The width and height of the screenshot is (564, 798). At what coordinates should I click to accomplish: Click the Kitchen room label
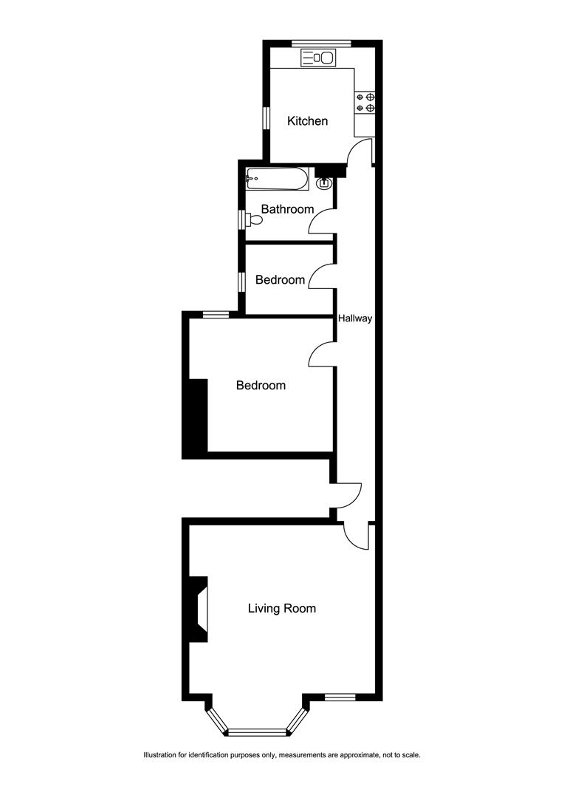307,121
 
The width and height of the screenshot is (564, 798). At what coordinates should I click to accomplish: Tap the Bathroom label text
287,209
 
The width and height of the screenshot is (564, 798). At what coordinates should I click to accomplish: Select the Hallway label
355,318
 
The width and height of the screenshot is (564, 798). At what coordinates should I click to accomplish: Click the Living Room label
282,609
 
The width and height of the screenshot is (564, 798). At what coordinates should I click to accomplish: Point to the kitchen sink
318,58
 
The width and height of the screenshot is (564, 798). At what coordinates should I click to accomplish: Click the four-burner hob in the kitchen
365,102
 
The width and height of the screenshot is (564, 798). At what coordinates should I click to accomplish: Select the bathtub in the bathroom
277,179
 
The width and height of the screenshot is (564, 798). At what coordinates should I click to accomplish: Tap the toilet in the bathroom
254,220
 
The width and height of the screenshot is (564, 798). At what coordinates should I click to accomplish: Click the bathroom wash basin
324,183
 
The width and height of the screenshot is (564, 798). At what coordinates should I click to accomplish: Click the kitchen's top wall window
321,44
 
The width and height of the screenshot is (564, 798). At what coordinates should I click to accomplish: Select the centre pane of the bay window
257,732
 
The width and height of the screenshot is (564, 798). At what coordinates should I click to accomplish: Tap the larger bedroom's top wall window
216,315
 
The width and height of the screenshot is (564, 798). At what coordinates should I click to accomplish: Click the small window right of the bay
340,698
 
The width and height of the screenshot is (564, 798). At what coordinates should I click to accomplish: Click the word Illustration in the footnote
159,755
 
